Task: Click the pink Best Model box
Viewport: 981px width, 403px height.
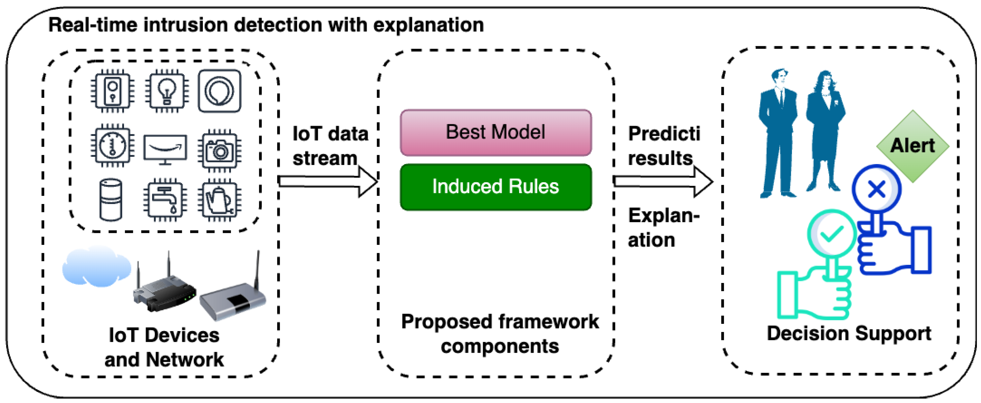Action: (x=495, y=133)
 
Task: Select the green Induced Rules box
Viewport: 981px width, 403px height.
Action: (x=495, y=187)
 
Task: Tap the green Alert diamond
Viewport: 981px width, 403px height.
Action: (x=912, y=146)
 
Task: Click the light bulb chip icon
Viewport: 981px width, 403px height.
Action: (x=167, y=91)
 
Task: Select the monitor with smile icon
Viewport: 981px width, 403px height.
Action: (x=165, y=149)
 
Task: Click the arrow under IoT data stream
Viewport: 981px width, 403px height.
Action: (x=327, y=181)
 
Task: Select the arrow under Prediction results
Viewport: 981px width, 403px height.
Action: (x=663, y=181)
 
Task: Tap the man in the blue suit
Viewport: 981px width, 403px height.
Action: (x=777, y=133)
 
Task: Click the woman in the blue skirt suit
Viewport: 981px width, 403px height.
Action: (x=824, y=131)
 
